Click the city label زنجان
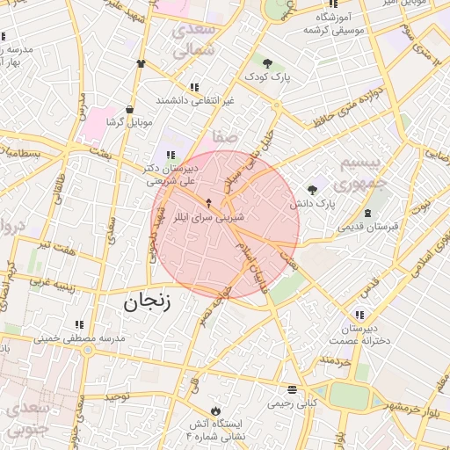(x=145, y=303)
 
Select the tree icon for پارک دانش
(x=312, y=189)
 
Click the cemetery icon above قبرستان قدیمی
(x=367, y=213)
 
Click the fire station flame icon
(x=214, y=410)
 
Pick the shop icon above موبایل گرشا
(x=130, y=109)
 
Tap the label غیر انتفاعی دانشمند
(x=195, y=100)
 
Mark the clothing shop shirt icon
(x=141, y=63)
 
